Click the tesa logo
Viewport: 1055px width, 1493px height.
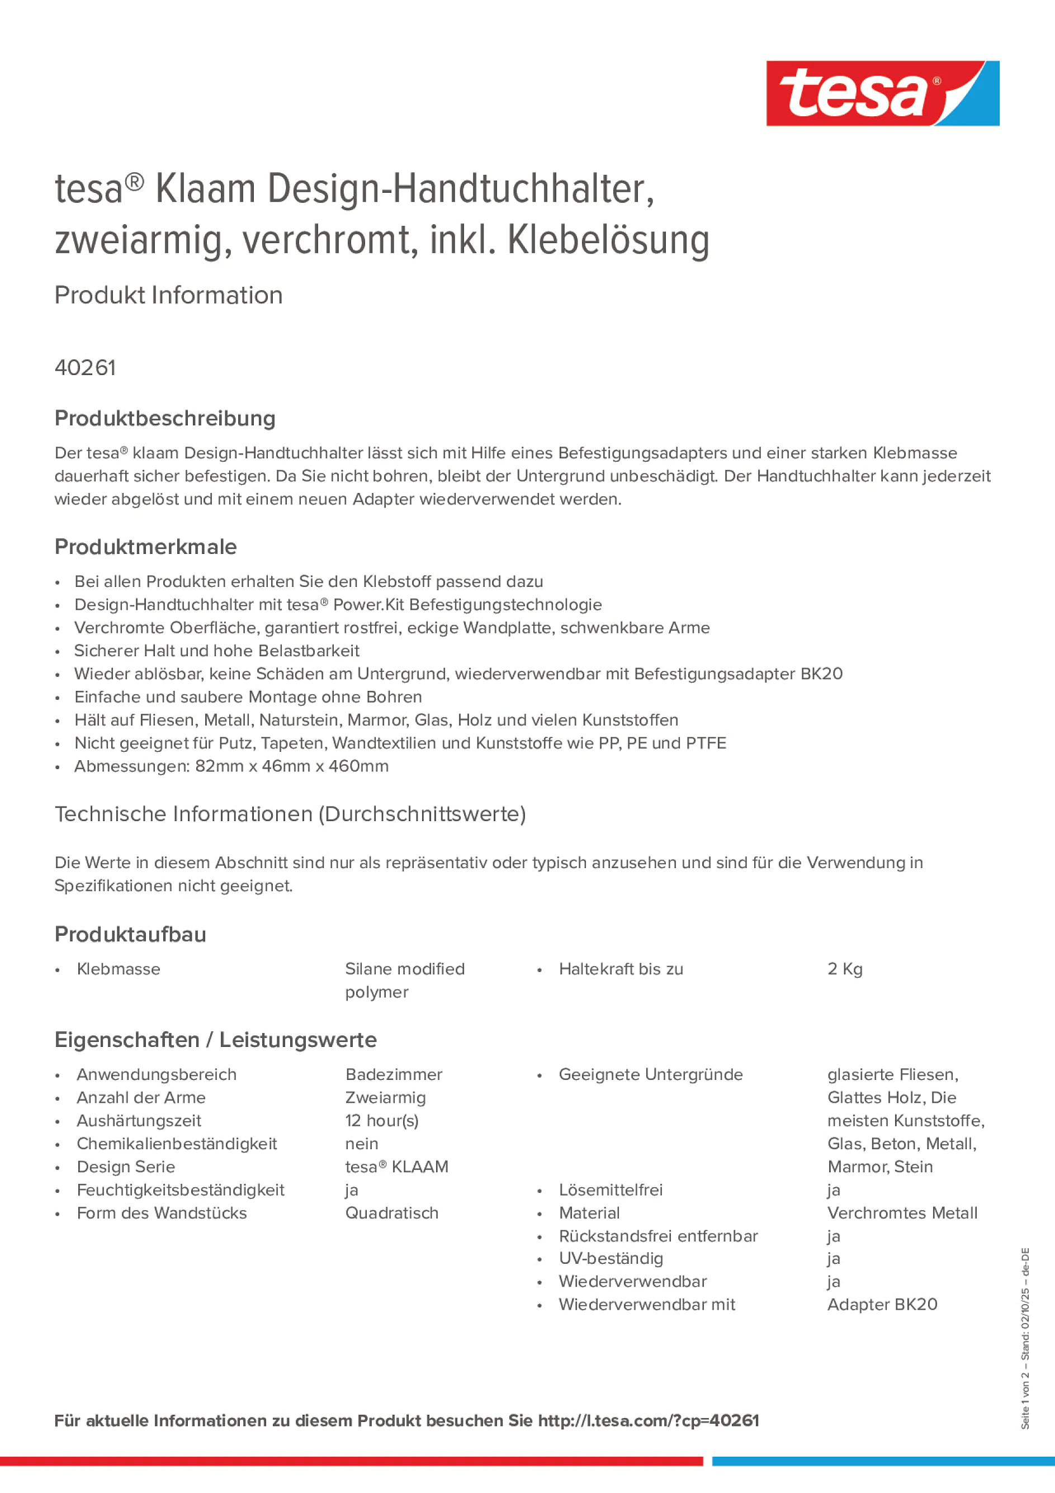click(x=882, y=94)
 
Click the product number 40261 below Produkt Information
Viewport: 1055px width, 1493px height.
click(x=85, y=368)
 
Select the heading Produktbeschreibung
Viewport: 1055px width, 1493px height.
click(x=164, y=418)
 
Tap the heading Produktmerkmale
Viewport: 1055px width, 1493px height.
click(x=146, y=547)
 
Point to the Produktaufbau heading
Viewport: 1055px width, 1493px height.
click(x=130, y=935)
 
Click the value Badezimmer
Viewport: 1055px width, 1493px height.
click(x=394, y=1074)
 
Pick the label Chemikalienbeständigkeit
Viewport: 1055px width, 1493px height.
click(x=176, y=1144)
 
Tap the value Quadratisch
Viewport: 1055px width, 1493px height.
click(x=391, y=1213)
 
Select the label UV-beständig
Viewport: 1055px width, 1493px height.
click(x=611, y=1258)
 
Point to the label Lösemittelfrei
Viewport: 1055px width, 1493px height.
click(x=610, y=1190)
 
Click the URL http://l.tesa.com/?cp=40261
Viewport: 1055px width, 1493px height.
click(x=649, y=1420)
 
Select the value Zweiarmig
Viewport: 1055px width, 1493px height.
click(x=385, y=1098)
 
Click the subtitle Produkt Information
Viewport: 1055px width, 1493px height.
click(x=168, y=295)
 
